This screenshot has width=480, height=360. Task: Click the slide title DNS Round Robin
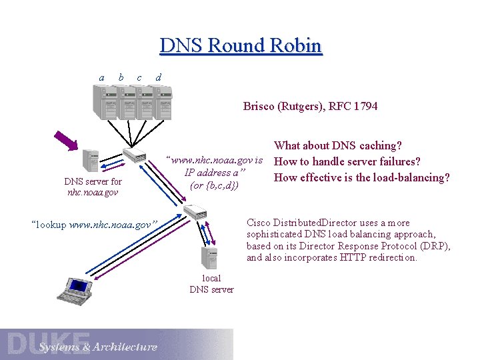[241, 46]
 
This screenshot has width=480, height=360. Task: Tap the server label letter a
[101, 78]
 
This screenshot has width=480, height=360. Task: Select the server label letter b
[120, 77]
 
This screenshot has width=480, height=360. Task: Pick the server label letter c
[139, 78]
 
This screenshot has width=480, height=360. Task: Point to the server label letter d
[157, 77]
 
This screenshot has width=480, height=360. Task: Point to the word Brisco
[258, 106]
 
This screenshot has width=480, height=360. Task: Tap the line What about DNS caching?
[338, 145]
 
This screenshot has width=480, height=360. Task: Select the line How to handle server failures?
[347, 161]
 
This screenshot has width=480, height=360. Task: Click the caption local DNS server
[211, 284]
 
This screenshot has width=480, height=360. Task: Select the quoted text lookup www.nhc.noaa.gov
[93, 225]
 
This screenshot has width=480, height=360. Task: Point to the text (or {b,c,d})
[214, 185]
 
